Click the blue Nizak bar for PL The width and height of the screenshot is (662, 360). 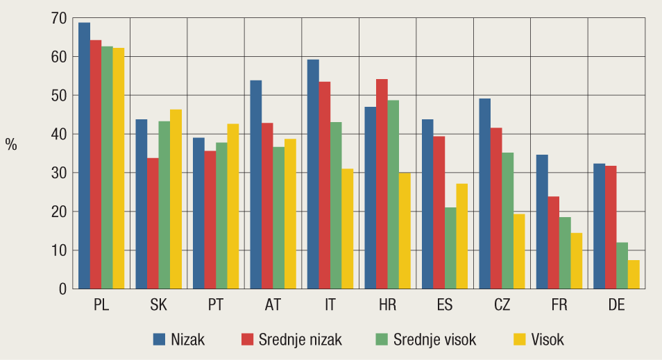[84, 155]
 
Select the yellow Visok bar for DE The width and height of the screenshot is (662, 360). [634, 274]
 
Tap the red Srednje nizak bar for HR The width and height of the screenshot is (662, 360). [382, 184]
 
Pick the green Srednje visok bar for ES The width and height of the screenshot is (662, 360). [450, 248]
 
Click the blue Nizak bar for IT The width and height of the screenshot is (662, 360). [313, 174]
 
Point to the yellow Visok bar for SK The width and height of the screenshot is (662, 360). [176, 199]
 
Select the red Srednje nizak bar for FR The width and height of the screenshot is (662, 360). [553, 242]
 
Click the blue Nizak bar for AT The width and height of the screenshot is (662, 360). [256, 185]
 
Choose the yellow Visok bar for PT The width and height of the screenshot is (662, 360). [232, 206]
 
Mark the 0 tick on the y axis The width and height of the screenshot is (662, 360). [62, 289]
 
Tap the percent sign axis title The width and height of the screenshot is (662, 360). [11, 144]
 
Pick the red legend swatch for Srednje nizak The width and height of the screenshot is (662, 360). [248, 339]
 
